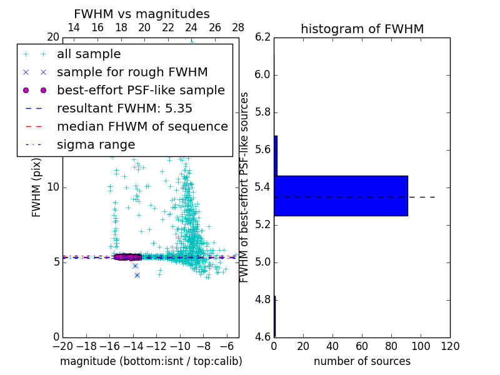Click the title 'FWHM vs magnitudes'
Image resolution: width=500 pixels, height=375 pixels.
(x=141, y=14)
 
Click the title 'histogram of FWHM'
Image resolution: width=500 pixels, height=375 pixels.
(x=362, y=29)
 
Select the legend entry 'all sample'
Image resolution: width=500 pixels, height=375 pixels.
(x=89, y=54)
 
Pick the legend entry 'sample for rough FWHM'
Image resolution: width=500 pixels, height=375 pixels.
(x=132, y=72)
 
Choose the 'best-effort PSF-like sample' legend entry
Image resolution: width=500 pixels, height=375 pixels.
(x=141, y=90)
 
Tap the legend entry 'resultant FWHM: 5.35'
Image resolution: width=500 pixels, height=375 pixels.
(x=124, y=108)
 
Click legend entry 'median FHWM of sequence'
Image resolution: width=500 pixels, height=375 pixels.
(x=142, y=126)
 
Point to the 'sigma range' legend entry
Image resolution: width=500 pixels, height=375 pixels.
(x=96, y=144)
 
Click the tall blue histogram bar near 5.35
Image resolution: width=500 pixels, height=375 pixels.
(x=341, y=196)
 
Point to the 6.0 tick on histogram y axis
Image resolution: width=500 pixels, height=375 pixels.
(x=262, y=75)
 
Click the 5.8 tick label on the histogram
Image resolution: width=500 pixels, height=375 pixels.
(x=262, y=112)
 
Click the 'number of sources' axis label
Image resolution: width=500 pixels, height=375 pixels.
(x=362, y=361)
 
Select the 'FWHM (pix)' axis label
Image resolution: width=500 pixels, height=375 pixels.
(x=37, y=187)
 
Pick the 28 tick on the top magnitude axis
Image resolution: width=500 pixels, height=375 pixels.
(x=238, y=27)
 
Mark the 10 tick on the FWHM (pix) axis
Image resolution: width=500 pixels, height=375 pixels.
(x=53, y=187)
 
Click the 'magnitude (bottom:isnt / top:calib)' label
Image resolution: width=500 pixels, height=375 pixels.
(x=151, y=361)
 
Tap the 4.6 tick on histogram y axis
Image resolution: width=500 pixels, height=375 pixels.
(x=262, y=337)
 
